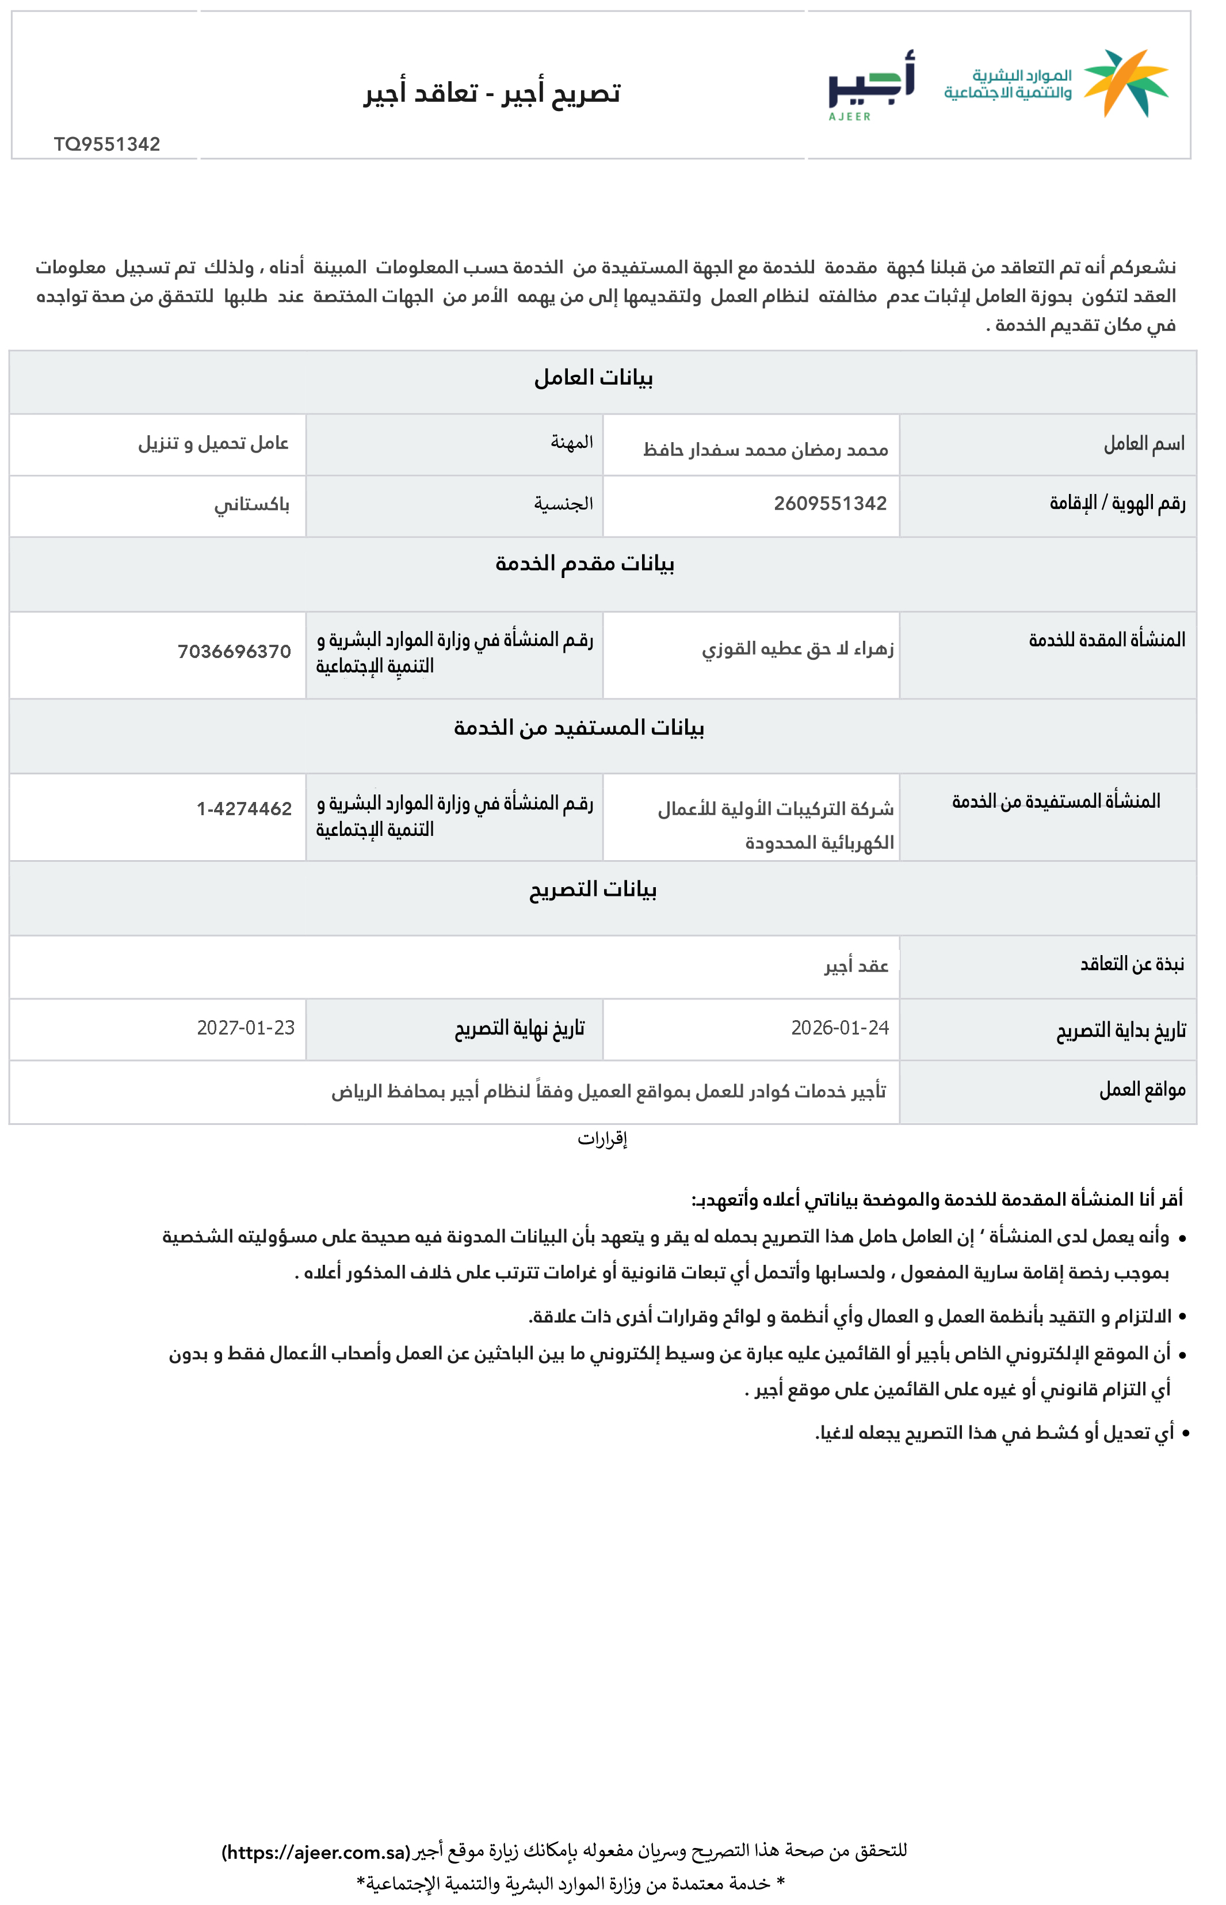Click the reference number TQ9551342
[x=108, y=144]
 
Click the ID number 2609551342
[x=830, y=503]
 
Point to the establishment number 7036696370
[x=234, y=652]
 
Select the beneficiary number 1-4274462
[x=245, y=809]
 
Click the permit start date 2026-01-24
[x=840, y=1028]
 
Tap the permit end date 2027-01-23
[x=246, y=1028]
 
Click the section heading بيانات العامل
[x=593, y=378]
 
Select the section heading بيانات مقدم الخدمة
[x=585, y=564]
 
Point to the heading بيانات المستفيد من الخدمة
[x=579, y=728]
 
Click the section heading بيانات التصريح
[x=593, y=889]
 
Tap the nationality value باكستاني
[x=251, y=505]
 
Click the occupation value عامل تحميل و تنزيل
[x=213, y=443]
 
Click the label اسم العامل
[x=1144, y=444]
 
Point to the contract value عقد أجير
[x=857, y=966]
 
